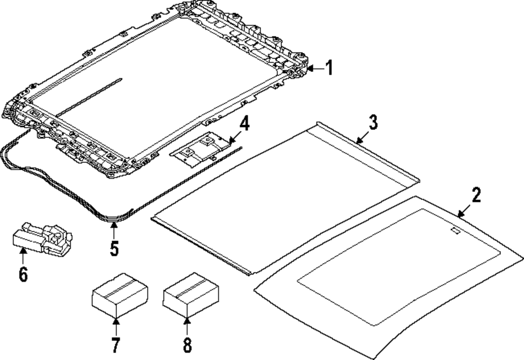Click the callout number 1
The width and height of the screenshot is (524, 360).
coord(329,68)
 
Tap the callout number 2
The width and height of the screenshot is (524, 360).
coord(476,195)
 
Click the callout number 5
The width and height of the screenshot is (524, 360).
coord(114,247)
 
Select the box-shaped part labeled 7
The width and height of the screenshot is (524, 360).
coord(119,295)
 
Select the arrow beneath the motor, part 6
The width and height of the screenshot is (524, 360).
coord(23,257)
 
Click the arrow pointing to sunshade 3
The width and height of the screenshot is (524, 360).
coord(361,139)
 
